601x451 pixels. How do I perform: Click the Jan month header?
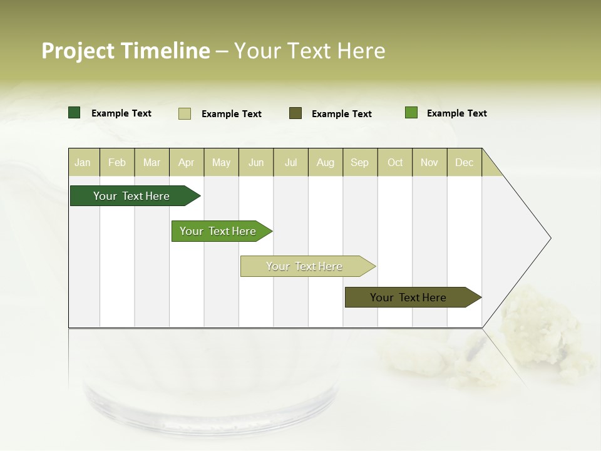(83, 162)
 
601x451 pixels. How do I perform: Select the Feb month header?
(117, 162)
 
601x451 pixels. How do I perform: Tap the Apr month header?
(187, 162)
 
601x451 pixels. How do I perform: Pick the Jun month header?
(256, 162)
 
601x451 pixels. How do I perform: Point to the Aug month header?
(326, 162)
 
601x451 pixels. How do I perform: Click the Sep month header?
(360, 162)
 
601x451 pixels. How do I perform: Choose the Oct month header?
(395, 162)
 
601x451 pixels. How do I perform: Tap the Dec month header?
(465, 162)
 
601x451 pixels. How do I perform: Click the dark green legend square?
(74, 113)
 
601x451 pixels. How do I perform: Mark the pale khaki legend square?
(185, 113)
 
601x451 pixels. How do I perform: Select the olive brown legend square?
(295, 113)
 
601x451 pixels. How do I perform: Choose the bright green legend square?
(411, 113)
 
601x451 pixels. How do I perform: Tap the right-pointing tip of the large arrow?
(549, 238)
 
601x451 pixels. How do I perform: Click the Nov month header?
(429, 162)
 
